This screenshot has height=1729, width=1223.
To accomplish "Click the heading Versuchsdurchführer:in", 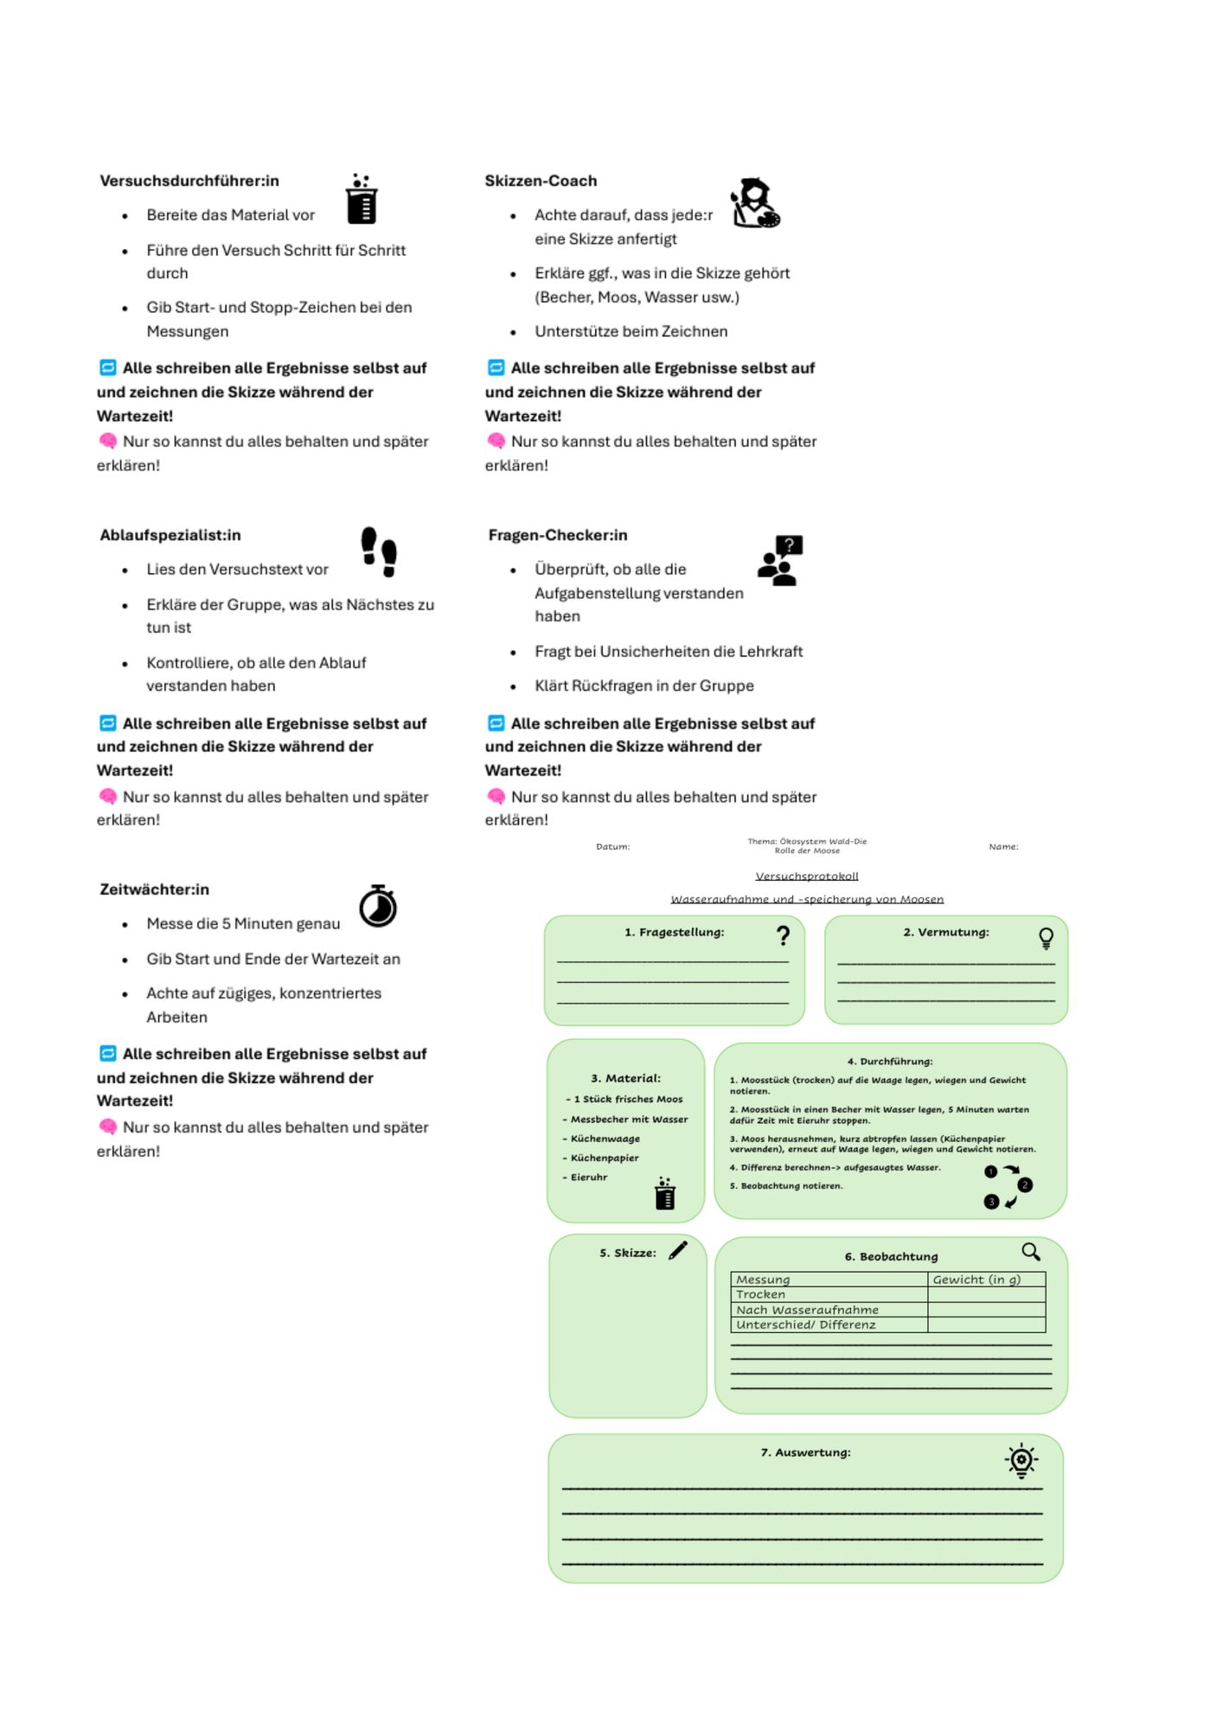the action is click(189, 181).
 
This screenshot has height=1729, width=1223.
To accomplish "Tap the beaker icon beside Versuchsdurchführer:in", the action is click(362, 199).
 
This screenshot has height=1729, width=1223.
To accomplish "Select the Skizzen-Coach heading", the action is click(541, 181).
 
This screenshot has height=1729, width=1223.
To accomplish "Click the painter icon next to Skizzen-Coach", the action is click(755, 203).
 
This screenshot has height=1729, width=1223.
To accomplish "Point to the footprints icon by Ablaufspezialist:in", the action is click(379, 552).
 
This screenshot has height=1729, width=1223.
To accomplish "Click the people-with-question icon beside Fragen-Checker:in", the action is click(780, 560).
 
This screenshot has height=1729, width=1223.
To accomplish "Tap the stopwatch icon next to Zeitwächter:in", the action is click(378, 905).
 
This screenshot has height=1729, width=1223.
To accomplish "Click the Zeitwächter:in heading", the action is click(154, 890).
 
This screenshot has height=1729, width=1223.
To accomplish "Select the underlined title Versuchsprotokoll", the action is click(807, 876).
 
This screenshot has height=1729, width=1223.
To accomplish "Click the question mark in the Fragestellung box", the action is click(783, 935).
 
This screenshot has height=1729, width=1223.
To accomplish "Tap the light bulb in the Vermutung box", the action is click(1046, 938).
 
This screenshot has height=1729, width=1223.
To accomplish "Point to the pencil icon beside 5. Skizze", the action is click(678, 1250).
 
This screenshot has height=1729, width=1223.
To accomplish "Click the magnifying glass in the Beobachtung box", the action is click(1031, 1252).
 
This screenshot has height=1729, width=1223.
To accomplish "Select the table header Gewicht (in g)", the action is click(976, 1279).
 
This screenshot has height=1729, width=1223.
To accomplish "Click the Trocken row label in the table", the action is click(760, 1294).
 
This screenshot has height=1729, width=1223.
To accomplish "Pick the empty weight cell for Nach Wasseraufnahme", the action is click(986, 1310).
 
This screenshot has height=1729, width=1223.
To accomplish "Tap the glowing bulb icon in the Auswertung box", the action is click(1021, 1461).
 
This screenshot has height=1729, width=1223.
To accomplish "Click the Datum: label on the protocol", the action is click(612, 847).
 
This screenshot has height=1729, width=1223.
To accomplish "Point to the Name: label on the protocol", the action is click(1003, 847).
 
